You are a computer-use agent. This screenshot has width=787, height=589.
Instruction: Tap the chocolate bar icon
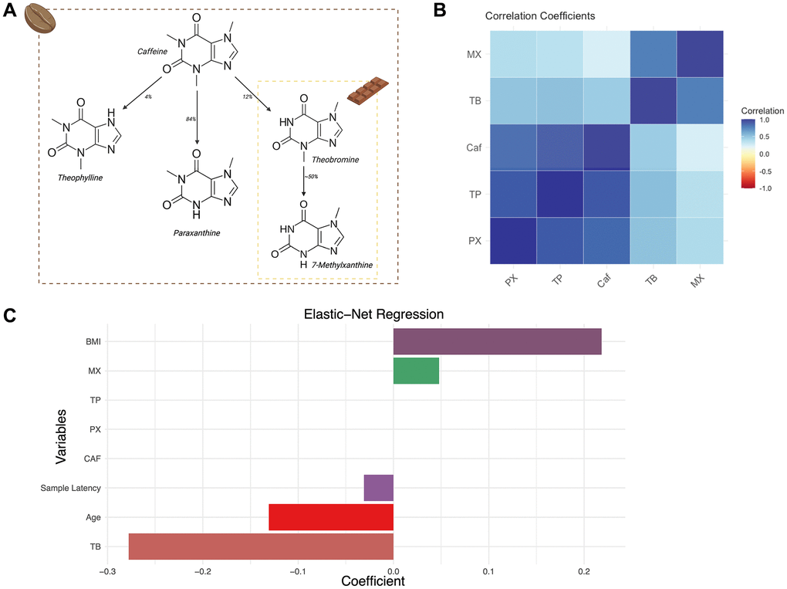(x=366, y=93)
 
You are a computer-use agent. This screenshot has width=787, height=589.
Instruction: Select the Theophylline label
(x=79, y=177)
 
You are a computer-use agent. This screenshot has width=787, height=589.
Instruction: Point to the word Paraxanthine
(x=197, y=231)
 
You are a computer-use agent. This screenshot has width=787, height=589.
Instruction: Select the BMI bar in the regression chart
(x=497, y=341)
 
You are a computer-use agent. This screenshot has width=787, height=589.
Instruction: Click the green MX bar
(x=416, y=371)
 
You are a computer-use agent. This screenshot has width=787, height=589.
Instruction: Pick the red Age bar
(x=331, y=517)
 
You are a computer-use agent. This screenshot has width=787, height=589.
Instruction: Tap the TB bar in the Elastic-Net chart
(x=261, y=546)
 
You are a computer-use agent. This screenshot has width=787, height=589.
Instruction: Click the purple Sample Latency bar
(x=379, y=488)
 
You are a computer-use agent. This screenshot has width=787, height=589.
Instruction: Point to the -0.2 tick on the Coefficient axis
(x=203, y=571)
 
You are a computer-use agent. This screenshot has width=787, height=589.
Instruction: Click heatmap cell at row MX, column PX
(x=513, y=54)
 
